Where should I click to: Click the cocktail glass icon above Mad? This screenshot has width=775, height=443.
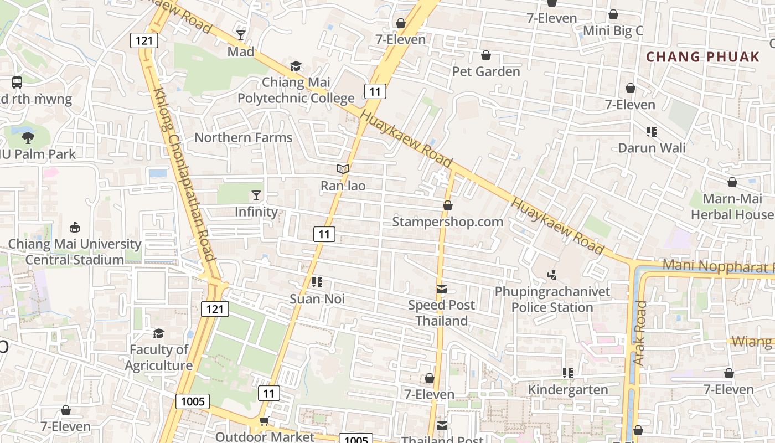coord(241,35)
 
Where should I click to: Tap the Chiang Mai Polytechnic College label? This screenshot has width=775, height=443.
coord(296,90)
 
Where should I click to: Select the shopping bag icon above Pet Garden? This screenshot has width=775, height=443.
coord(486,55)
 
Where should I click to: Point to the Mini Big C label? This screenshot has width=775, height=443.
coord(613,31)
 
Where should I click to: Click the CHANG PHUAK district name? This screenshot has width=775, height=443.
coord(703,56)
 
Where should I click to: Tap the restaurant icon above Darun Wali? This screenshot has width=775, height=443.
coord(652,132)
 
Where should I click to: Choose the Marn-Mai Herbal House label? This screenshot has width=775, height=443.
coord(732,207)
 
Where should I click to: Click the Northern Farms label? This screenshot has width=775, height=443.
coord(243,137)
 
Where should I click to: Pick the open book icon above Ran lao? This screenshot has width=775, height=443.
coord(343,169)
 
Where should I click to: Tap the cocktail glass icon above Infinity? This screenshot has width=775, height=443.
coord(256,195)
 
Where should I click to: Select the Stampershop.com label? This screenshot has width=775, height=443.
coord(447,221)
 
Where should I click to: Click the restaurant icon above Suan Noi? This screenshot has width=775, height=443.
coord(317,283)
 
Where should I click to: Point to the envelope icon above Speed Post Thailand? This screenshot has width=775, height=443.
coord(442,289)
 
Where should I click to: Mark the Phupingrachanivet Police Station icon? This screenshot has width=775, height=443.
coord(552,275)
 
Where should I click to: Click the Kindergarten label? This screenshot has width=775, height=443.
coord(568,389)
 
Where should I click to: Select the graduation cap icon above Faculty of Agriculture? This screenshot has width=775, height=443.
coord(159,333)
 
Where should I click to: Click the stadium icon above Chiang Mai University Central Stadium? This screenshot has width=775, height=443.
coord(75,227)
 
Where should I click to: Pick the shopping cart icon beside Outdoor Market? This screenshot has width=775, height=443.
coord(265,422)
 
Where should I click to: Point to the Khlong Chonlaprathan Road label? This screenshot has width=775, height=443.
coord(183,174)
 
